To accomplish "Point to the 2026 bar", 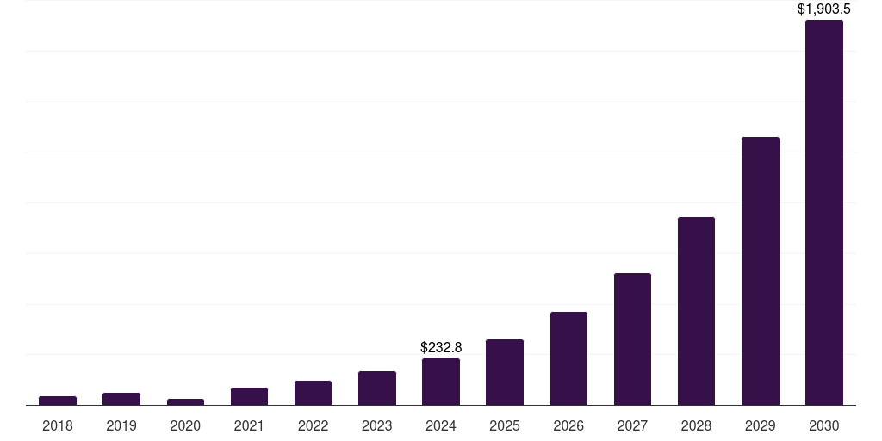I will (568, 358).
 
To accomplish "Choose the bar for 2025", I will (505, 372).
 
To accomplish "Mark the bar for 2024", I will (441, 382).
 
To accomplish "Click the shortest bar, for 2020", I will (185, 401).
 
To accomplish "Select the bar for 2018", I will (58, 401).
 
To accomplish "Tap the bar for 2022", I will (313, 393).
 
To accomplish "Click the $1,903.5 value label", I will (823, 9).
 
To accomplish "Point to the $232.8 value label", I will (441, 348).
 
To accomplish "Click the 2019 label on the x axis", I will (121, 425).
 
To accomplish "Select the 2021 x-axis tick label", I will (249, 425).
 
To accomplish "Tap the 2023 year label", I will (376, 425).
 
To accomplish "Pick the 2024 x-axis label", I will (441, 425).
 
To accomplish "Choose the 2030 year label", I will (823, 425).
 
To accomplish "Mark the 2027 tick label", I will (632, 425).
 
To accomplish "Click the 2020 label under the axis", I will (185, 425).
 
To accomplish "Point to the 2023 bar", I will (376, 388).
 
